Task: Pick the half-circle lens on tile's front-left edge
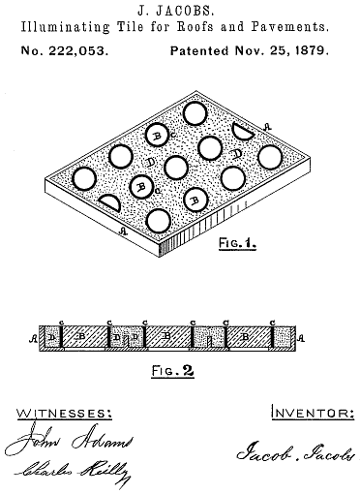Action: click(111, 202)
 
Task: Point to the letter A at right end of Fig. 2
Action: click(303, 337)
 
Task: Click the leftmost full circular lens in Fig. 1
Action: click(83, 178)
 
